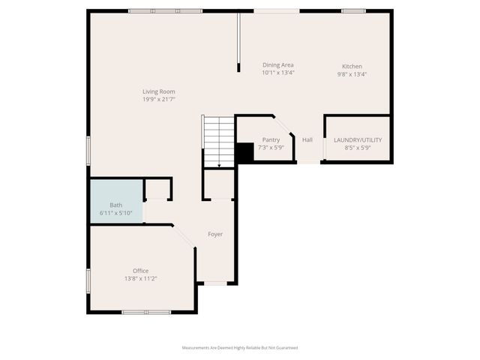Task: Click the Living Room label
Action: (x=159, y=91)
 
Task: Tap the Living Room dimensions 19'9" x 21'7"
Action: (x=159, y=100)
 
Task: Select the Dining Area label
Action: (x=278, y=65)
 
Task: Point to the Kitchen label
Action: (x=352, y=66)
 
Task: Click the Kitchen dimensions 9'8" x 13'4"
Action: (x=352, y=73)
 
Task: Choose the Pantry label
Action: (x=271, y=139)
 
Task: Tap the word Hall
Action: (x=307, y=139)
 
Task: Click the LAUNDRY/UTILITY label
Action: (x=358, y=139)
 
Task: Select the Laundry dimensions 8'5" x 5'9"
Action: (x=358, y=147)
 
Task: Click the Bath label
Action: (x=116, y=205)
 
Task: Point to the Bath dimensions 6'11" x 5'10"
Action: (x=116, y=213)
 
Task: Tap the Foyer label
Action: (x=215, y=234)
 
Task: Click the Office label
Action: (x=140, y=271)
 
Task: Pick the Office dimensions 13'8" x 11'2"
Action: (x=140, y=278)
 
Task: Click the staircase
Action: (x=219, y=140)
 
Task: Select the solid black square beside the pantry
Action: (x=244, y=152)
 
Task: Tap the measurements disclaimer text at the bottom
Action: (x=240, y=348)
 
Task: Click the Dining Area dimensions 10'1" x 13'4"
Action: (x=278, y=73)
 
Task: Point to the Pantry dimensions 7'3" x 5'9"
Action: (x=271, y=147)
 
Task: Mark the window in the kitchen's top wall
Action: (x=353, y=11)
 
